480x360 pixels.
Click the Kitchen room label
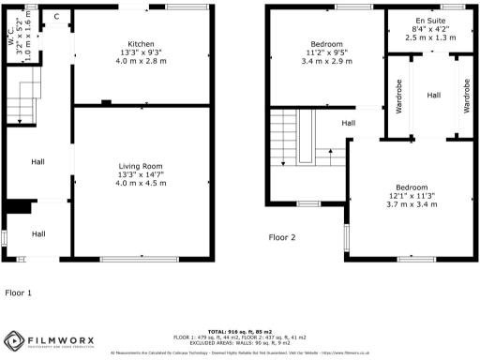pyautogui.click(x=141, y=44)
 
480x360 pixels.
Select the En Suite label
pyautogui.click(x=432, y=21)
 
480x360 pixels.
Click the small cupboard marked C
pyautogui.click(x=56, y=17)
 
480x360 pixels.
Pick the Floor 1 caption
pyautogui.click(x=19, y=292)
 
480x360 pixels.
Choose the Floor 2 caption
pyautogui.click(x=282, y=237)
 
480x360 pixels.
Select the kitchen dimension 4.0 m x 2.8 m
pyautogui.click(x=141, y=61)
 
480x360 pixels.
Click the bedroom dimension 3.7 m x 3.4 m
pyautogui.click(x=412, y=203)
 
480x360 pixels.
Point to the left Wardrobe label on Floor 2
pyautogui.click(x=398, y=96)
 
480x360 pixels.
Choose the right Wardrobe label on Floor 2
pyautogui.click(x=465, y=96)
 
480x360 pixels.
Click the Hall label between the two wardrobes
pyautogui.click(x=433, y=96)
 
